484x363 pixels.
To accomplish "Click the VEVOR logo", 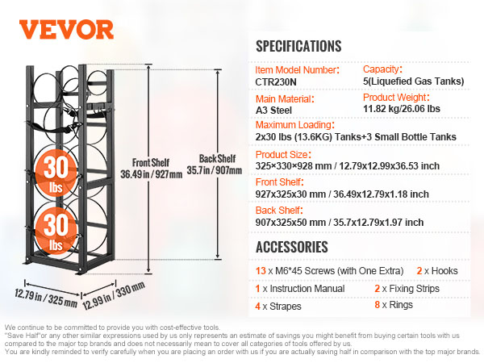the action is (x=66, y=30).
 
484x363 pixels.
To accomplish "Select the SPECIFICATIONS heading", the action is (x=298, y=46).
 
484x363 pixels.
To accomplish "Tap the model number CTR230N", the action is (x=276, y=82).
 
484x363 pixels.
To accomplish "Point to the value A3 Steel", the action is (x=273, y=111).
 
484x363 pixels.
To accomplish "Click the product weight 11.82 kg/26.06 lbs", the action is (x=401, y=109).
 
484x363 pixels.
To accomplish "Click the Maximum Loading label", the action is (x=294, y=125).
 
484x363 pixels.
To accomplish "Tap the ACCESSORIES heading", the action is (x=292, y=247).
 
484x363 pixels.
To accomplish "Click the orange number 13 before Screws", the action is (x=261, y=271).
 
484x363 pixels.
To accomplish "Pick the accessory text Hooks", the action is (x=444, y=271).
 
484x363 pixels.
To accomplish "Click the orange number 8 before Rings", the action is (x=377, y=305).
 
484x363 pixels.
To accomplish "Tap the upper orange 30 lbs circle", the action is (x=56, y=173).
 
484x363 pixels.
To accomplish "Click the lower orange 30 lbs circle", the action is (x=56, y=231).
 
